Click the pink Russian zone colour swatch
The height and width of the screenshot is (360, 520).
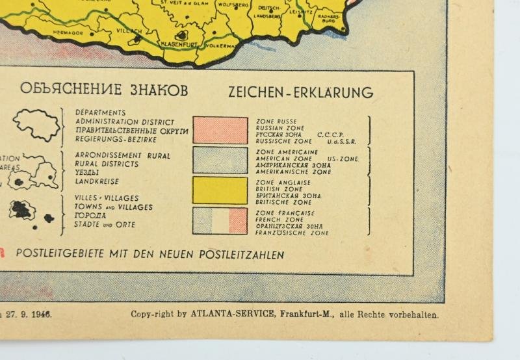(220, 130)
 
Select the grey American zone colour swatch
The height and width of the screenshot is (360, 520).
(220, 160)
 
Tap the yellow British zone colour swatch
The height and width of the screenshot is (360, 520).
(220, 190)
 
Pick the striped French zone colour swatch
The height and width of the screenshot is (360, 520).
(220, 221)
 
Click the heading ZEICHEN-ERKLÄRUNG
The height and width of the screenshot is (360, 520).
(300, 92)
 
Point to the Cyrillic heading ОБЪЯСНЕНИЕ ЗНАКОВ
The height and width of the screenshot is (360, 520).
(104, 90)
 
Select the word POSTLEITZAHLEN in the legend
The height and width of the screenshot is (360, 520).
(247, 255)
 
